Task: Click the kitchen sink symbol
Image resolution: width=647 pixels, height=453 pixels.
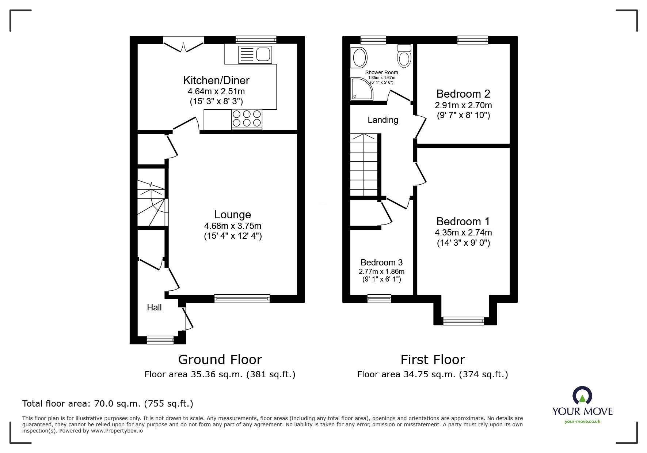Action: pos(255,54)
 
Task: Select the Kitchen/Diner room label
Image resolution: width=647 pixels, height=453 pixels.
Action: pos(216,80)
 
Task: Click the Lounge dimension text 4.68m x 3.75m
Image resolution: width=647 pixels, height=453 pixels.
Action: pos(233,226)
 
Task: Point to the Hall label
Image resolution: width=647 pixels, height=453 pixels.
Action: pos(154,307)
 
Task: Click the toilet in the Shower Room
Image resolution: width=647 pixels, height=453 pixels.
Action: pos(404,56)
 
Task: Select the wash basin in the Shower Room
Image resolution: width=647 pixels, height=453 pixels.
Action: pos(359,58)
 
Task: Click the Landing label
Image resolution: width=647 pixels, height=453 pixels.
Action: pos(383,120)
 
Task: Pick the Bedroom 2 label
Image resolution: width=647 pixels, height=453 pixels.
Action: pos(463,94)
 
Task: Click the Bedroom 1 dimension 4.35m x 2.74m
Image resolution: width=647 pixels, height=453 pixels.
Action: pos(463,233)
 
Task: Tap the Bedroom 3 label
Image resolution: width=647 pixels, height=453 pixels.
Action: pos(381,263)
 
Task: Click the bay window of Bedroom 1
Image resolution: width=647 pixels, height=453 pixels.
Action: pos(463,321)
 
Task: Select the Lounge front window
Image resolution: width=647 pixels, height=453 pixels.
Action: pos(242,299)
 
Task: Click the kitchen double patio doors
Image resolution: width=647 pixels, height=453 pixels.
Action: pos(183,43)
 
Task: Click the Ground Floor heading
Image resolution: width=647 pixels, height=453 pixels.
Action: pos(220,360)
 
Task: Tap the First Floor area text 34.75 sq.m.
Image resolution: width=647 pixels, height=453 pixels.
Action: pos(433,374)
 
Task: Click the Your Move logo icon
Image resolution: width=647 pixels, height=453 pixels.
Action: pos(582,396)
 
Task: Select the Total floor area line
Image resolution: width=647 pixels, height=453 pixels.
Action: pos(108,404)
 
